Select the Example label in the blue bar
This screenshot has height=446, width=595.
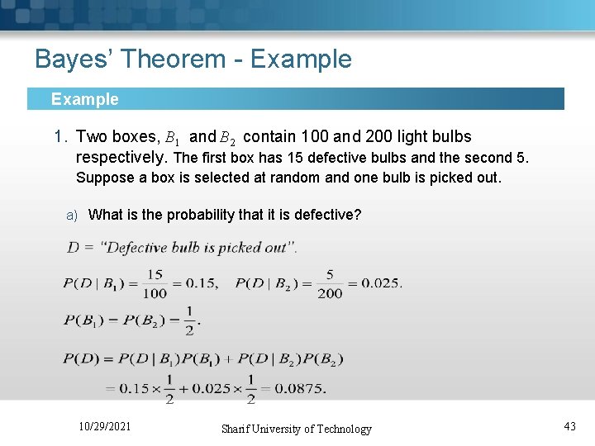coord(84,99)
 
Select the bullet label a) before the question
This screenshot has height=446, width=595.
coord(72,216)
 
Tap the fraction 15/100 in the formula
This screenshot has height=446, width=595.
coord(155,283)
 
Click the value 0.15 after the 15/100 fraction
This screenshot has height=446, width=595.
coord(201,283)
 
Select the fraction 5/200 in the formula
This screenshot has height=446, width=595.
coord(330,283)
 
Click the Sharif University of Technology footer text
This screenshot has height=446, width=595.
coord(296,429)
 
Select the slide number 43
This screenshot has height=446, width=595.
coord(569,426)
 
